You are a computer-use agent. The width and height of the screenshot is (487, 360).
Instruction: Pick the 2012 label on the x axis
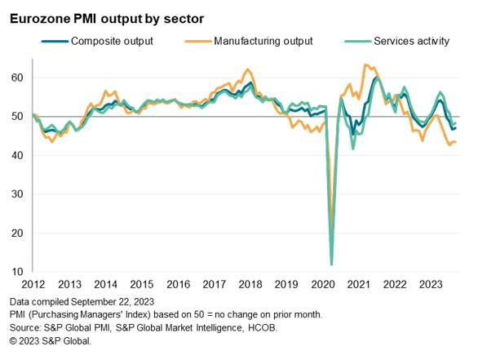33,285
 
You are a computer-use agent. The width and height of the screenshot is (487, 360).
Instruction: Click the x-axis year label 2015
141,285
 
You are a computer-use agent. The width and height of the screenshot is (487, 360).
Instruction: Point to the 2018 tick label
250,285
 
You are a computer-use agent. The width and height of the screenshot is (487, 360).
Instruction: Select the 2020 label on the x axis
322,285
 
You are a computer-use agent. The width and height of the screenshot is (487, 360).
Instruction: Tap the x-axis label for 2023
431,285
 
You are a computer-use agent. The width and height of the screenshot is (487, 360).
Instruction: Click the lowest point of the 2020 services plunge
331,264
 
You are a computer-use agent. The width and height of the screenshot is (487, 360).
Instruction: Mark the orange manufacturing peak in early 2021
365,64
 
